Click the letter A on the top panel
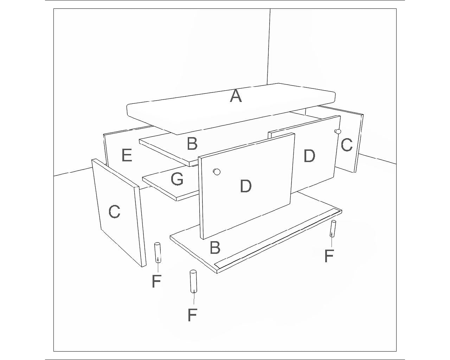[236, 96]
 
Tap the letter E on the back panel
[127, 155]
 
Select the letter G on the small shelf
[177, 179]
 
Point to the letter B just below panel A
[192, 143]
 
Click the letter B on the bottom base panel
[215, 247]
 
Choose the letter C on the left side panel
[114, 212]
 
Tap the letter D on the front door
[245, 186]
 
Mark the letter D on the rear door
[309, 156]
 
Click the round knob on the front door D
[217, 172]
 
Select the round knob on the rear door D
[338, 131]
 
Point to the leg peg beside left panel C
[157, 252]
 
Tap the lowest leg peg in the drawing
[193, 281]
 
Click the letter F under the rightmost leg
[329, 256]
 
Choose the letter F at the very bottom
[192, 315]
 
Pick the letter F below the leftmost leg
[157, 281]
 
